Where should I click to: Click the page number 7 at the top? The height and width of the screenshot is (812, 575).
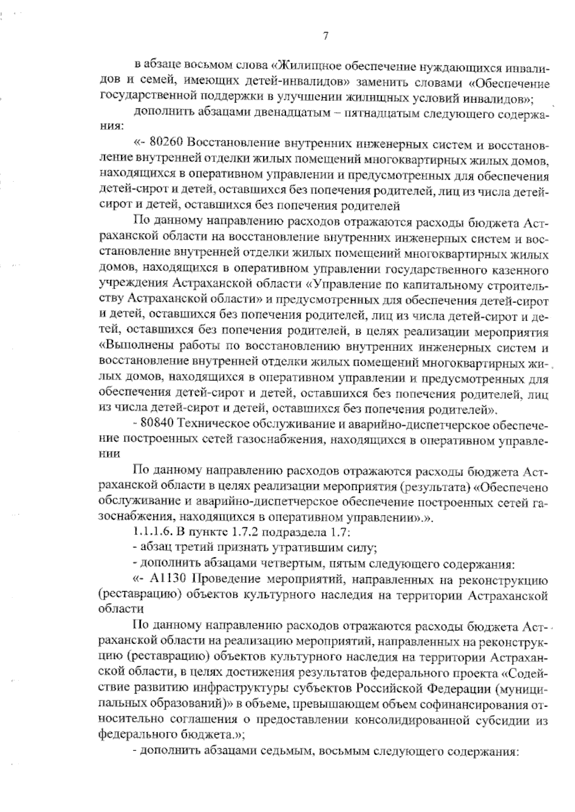pyautogui.click(x=325, y=36)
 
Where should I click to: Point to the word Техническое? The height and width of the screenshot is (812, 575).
pyautogui.click(x=223, y=425)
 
